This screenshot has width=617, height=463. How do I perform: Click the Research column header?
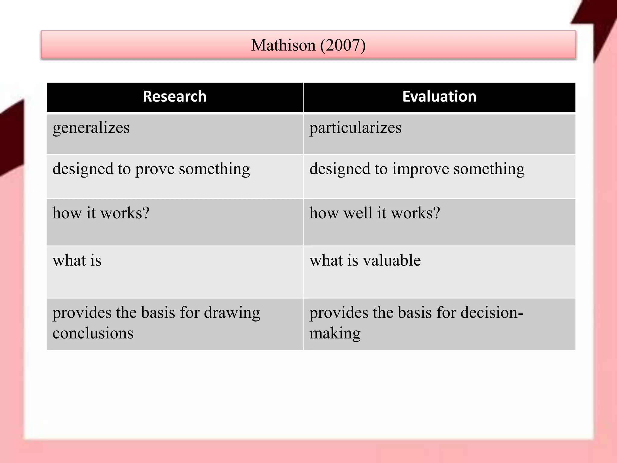174,96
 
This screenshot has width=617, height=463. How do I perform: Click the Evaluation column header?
439,96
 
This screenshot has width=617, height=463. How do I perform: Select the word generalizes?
91,128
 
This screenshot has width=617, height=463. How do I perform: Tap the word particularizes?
355,128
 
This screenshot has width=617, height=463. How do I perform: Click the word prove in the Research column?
155,169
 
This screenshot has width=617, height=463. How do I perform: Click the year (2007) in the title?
343,45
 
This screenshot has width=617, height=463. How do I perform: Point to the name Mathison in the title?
283,45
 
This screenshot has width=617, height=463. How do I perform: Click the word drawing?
232,313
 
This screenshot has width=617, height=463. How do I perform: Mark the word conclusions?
93,333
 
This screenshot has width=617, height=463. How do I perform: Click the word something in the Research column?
215,169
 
